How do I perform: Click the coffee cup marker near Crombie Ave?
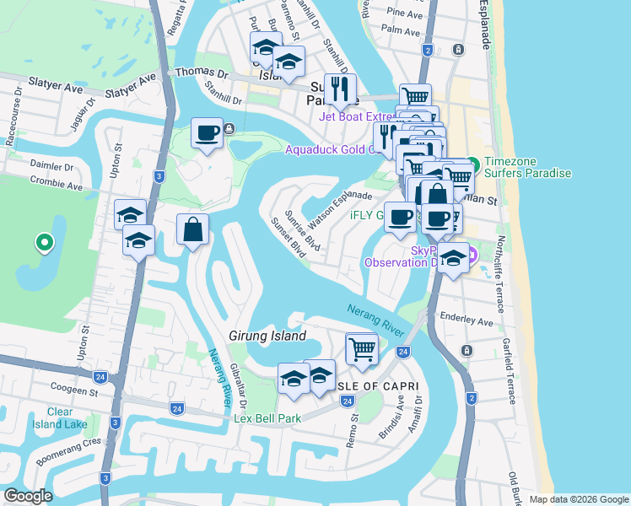click(207, 133)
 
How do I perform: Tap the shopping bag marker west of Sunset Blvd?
click(193, 229)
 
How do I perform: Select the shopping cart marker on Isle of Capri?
click(363, 347)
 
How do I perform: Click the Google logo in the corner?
click(28, 496)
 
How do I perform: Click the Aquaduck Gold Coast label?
click(329, 149)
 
